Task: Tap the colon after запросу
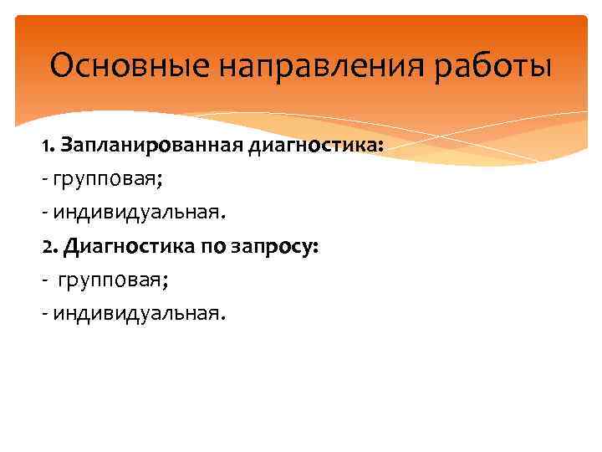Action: tap(314, 249)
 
